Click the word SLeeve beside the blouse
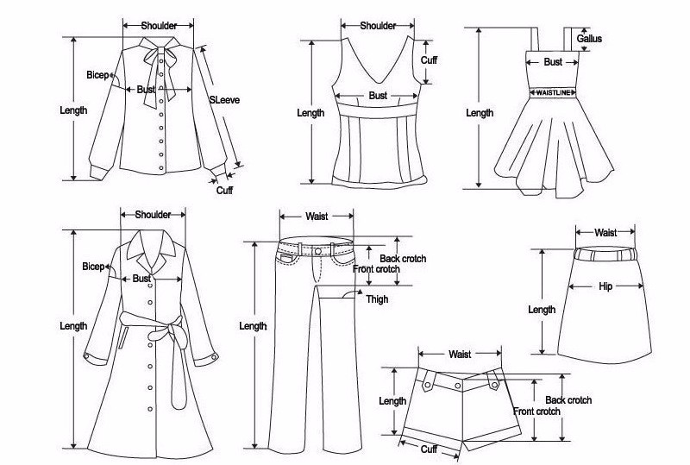coord(224,100)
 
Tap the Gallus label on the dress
coord(589,39)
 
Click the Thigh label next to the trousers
coord(377,299)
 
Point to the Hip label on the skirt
coord(605,286)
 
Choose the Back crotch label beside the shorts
coord(568,400)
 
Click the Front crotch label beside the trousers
coord(376,269)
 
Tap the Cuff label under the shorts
coord(429,449)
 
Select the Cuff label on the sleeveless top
coord(429,60)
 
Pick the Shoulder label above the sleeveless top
coord(378,26)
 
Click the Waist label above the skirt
coord(605,232)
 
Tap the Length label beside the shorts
coord(392,401)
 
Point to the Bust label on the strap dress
coord(553,62)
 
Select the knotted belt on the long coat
coord(165,328)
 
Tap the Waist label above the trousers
coord(317,216)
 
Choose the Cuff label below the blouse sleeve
coord(224,190)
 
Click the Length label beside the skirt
coord(542,310)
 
